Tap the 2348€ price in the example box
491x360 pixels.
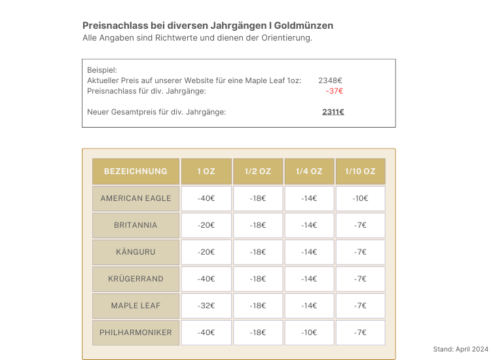[331, 81]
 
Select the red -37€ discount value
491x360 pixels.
[335, 91]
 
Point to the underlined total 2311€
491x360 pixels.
[333, 112]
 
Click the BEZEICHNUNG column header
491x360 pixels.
[136, 171]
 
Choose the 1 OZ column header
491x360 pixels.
[206, 171]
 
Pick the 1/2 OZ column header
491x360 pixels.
[258, 171]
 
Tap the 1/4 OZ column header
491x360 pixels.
[309, 171]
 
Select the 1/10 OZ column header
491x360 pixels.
[360, 171]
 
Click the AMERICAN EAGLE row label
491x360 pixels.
[136, 198]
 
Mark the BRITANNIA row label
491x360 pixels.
[136, 225]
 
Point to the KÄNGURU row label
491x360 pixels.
[136, 252]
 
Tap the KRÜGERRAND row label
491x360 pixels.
[136, 279]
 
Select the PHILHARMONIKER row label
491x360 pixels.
[136, 333]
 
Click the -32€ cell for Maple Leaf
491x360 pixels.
[206, 306]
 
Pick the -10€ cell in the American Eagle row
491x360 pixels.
[360, 198]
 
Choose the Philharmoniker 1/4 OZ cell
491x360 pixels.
[309, 333]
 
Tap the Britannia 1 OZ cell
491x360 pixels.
[206, 225]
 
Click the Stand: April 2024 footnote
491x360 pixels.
[461, 349]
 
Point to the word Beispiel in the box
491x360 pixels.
[101, 70]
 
